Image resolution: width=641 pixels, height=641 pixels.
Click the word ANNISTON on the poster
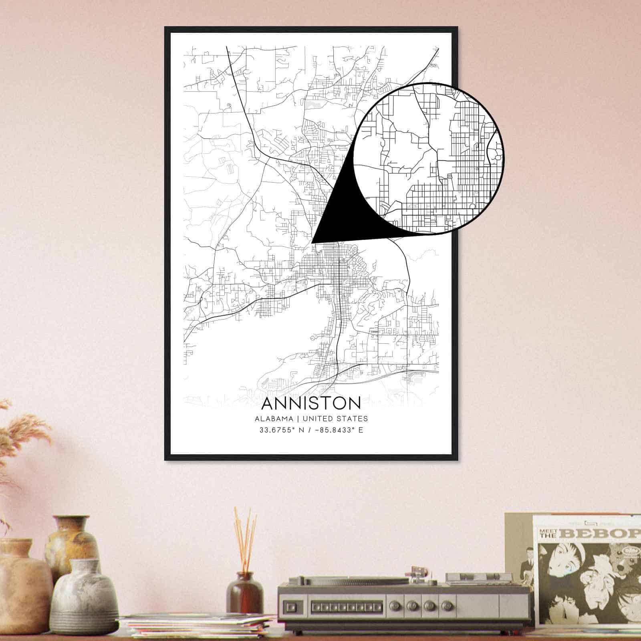point(311,403)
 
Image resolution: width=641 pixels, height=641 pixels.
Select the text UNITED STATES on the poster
point(335,419)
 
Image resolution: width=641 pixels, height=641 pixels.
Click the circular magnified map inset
point(429,158)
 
